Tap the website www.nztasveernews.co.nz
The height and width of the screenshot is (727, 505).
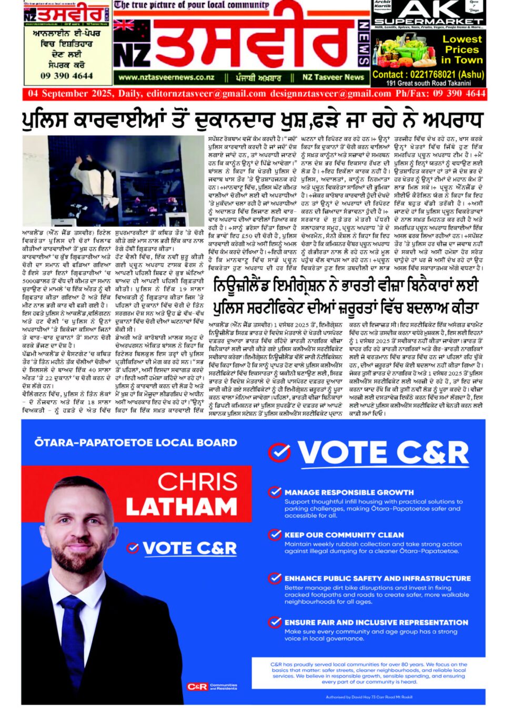(166, 77)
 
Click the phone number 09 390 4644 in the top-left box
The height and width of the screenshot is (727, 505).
(67, 76)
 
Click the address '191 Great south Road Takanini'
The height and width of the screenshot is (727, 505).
(429, 83)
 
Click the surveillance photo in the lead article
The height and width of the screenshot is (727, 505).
(113, 181)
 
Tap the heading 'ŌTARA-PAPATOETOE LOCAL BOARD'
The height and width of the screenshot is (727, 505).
(136, 443)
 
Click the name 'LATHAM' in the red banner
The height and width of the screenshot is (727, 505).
(181, 507)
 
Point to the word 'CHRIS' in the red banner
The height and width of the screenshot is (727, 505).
(197, 482)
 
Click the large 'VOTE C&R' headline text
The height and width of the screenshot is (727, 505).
(383, 453)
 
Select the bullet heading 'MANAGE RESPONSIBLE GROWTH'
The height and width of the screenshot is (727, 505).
(349, 493)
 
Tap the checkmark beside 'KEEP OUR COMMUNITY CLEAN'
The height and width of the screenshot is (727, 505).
(275, 535)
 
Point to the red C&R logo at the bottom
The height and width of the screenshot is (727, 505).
(197, 687)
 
